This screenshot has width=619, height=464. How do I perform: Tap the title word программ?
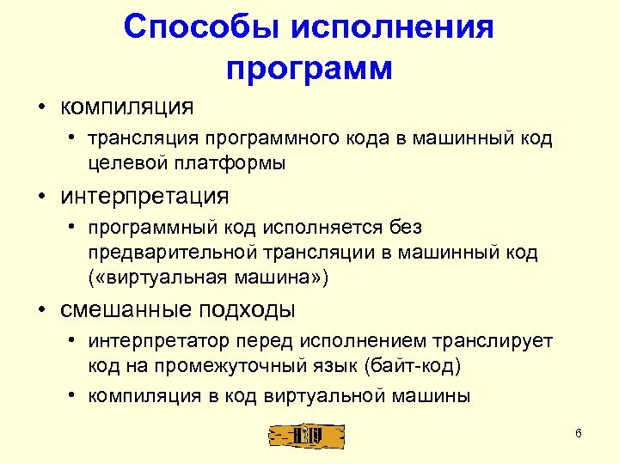pyautogui.click(x=309, y=68)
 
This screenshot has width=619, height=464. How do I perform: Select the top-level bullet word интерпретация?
pyautogui.click(x=144, y=196)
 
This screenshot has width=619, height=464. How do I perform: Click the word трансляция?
pyautogui.click(x=143, y=139)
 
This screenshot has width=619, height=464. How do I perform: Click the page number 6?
pyautogui.click(x=579, y=433)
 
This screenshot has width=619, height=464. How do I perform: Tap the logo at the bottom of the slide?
pyautogui.click(x=307, y=436)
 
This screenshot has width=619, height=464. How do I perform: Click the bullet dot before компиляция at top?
pyautogui.click(x=40, y=108)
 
